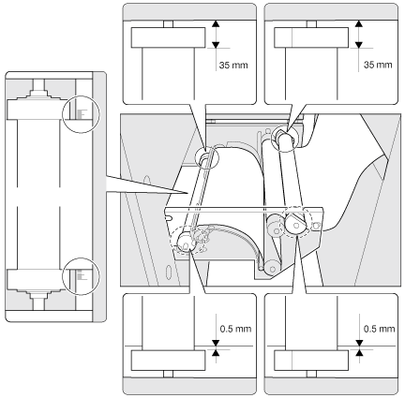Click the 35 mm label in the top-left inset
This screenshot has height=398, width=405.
(x=233, y=66)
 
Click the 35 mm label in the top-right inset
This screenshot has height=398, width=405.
(x=378, y=65)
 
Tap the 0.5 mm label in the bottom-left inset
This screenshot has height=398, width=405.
(x=235, y=329)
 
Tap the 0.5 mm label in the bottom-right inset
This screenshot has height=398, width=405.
(x=379, y=329)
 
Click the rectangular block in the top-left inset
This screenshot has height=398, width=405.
(x=168, y=37)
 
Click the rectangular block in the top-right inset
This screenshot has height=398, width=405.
(x=311, y=37)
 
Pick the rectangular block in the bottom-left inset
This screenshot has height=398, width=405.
(x=168, y=361)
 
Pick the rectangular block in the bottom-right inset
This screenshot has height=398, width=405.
(x=311, y=361)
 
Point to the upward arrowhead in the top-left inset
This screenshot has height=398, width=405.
(x=216, y=23)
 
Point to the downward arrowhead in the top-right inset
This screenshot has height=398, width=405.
(x=359, y=45)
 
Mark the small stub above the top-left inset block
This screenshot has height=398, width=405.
(x=168, y=24)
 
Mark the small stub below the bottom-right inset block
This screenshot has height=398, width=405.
(x=311, y=374)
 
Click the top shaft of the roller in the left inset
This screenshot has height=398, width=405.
(x=38, y=85)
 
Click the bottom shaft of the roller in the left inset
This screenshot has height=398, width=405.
(x=38, y=303)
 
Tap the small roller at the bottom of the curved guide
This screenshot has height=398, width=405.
(x=272, y=268)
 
